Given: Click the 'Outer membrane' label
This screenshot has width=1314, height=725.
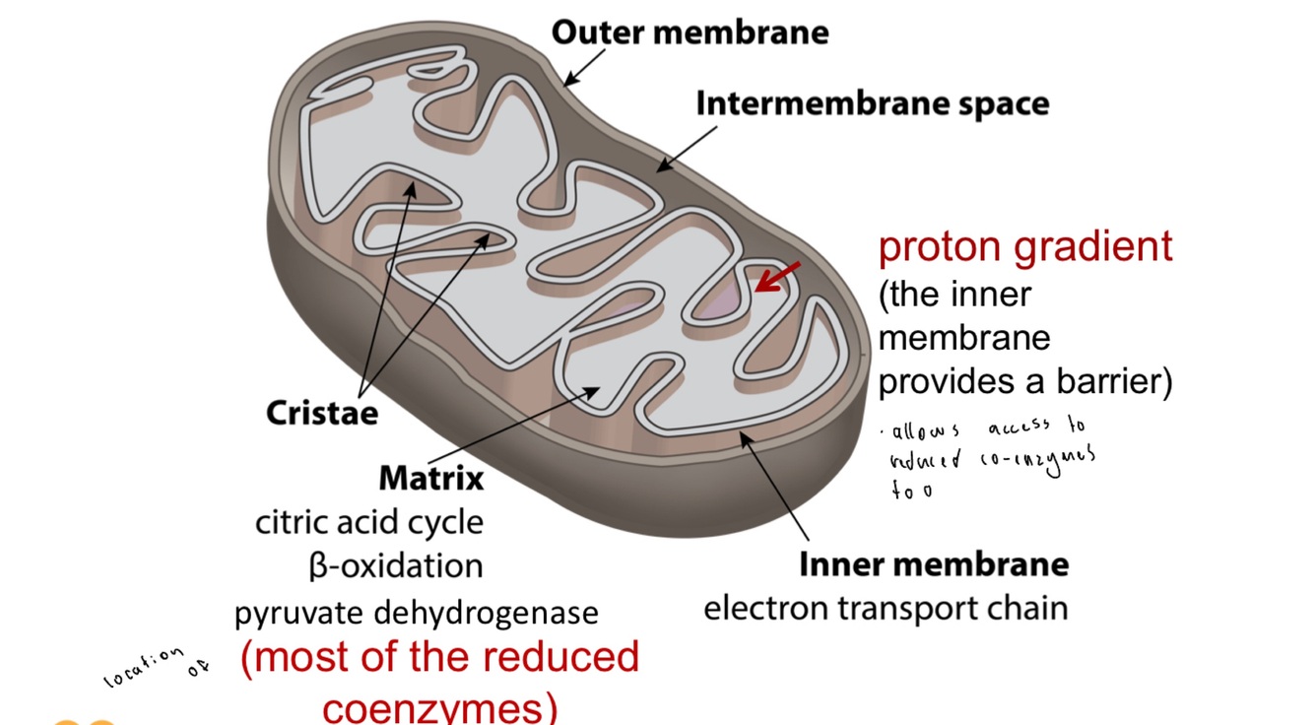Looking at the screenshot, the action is [x=690, y=33].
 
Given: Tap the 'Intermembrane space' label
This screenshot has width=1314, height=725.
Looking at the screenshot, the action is [x=872, y=103].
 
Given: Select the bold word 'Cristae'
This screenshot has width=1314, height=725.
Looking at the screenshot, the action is [x=321, y=412].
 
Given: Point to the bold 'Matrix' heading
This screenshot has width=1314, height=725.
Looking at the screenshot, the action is [x=431, y=479].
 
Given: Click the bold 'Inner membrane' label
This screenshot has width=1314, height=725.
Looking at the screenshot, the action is [x=933, y=564].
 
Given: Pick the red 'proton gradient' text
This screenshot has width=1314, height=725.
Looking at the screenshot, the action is [x=1025, y=246].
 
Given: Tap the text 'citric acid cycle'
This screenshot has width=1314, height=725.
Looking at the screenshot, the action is [x=369, y=521].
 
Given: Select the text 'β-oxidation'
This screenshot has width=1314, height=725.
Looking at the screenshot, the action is [x=394, y=565].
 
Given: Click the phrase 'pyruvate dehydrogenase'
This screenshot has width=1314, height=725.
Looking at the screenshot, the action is [x=416, y=613].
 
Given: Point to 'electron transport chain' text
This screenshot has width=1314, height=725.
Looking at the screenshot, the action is [x=885, y=608].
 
